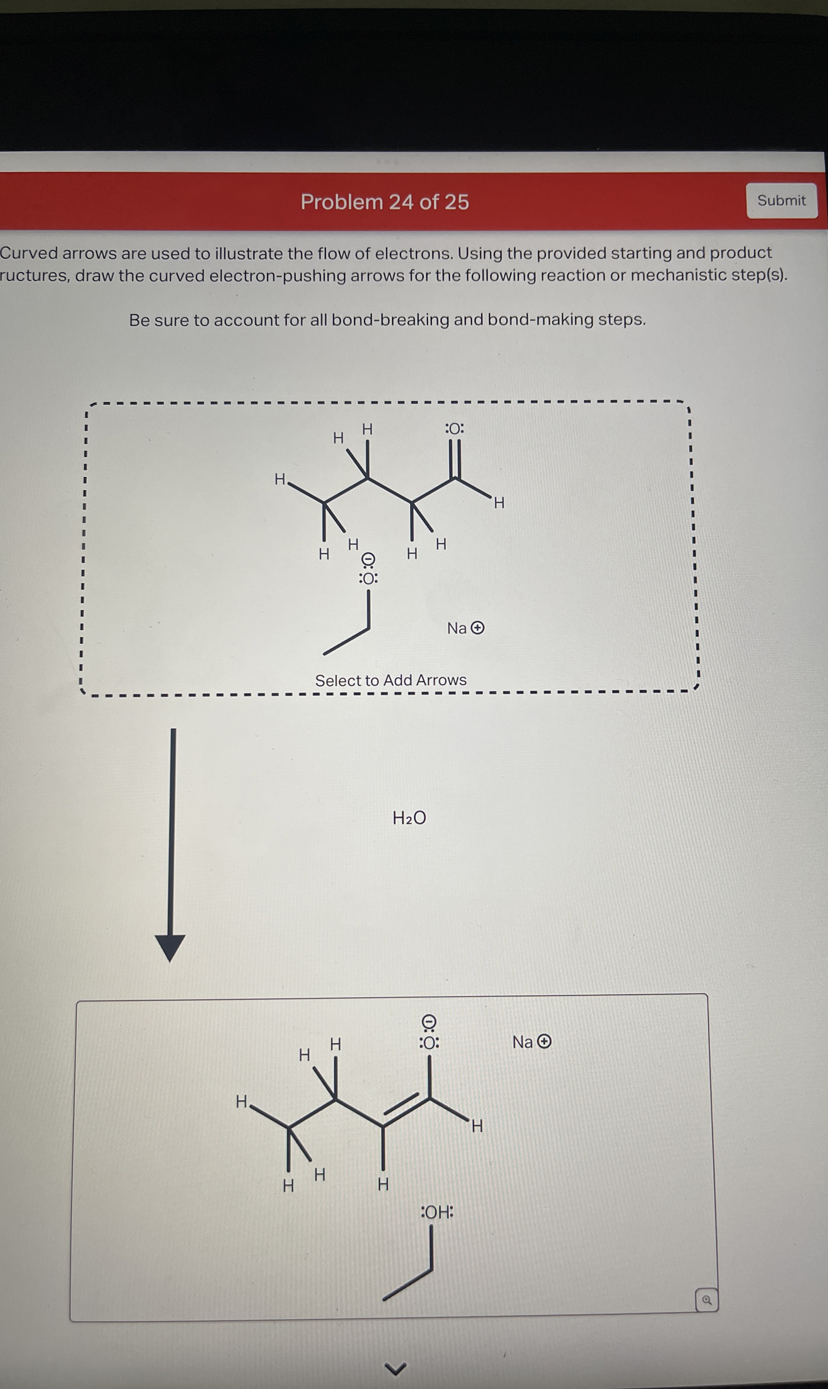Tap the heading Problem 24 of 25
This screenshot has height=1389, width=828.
384,202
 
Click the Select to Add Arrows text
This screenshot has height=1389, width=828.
391,680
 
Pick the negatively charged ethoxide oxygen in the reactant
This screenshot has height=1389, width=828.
368,578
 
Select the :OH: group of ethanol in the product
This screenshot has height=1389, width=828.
436,1212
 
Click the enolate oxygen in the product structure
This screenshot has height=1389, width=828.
429,1043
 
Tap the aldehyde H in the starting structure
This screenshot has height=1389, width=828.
499,503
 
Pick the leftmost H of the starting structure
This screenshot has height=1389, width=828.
280,480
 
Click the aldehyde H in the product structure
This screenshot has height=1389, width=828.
476,1127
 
